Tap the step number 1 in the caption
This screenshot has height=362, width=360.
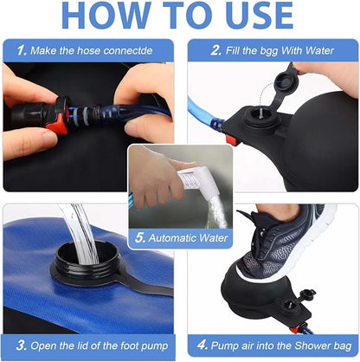(22, 50)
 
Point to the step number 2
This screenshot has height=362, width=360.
(215, 50)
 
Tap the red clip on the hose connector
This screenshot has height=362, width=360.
(59, 123)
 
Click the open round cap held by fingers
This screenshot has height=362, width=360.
(286, 83)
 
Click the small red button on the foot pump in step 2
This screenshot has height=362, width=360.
(231, 139)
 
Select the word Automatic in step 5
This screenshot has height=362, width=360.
(172, 238)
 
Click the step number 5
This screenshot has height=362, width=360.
(140, 238)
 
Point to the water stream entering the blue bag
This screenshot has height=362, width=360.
(80, 232)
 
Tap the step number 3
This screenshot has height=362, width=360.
(21, 346)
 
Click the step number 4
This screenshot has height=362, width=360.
(202, 345)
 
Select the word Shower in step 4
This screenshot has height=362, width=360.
(312, 346)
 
